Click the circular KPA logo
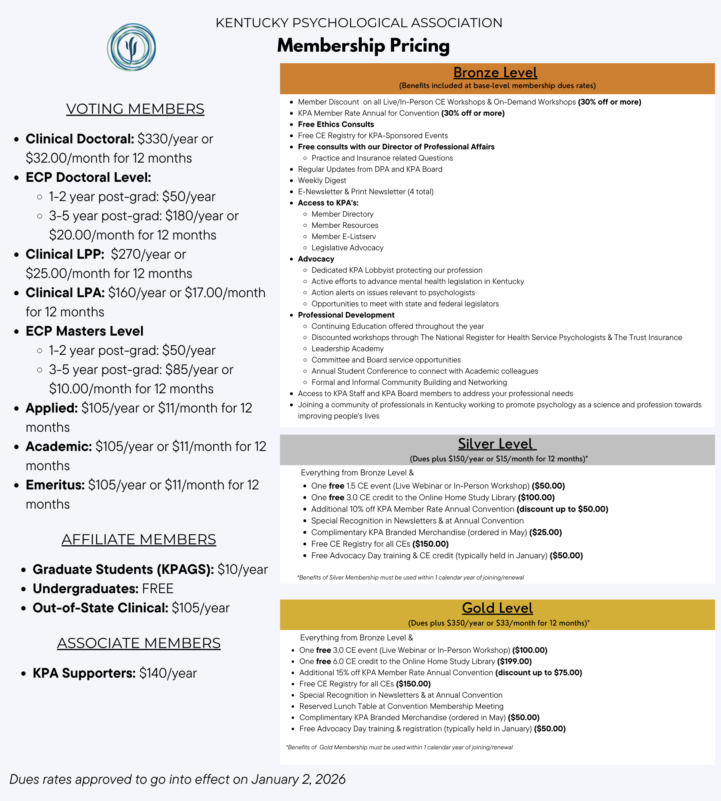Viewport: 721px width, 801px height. [x=131, y=47]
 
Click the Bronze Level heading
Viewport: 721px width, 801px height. [x=495, y=72]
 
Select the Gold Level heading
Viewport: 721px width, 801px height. [x=497, y=608]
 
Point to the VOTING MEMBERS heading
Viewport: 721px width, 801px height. [x=135, y=109]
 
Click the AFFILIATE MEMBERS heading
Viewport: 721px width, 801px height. [x=139, y=539]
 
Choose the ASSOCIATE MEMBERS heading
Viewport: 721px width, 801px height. [x=139, y=643]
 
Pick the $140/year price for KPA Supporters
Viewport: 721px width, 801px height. [x=168, y=673]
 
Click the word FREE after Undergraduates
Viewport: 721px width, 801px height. [x=157, y=589]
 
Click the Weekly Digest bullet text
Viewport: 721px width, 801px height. [x=322, y=180]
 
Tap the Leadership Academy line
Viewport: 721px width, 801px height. [x=347, y=348]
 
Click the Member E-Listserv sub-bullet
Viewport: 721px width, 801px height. [x=344, y=236]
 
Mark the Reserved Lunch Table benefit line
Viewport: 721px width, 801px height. [x=401, y=706]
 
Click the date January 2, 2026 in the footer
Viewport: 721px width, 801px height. [x=298, y=779]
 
